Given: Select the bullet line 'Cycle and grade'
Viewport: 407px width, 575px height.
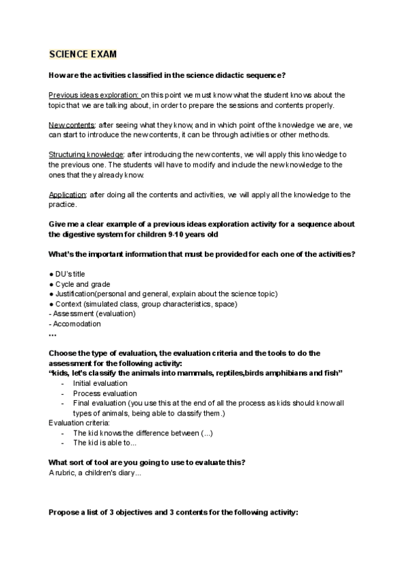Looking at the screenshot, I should pyautogui.click(x=83, y=284).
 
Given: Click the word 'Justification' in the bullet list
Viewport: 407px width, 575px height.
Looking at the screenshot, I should pyautogui.click(x=75, y=294).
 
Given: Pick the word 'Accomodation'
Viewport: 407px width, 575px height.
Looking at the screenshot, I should pyautogui.click(x=77, y=323).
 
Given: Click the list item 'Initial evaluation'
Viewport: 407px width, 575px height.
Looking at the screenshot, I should pyautogui.click(x=100, y=383).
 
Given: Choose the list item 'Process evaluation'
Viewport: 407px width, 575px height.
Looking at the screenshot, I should pyautogui.click(x=104, y=393).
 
